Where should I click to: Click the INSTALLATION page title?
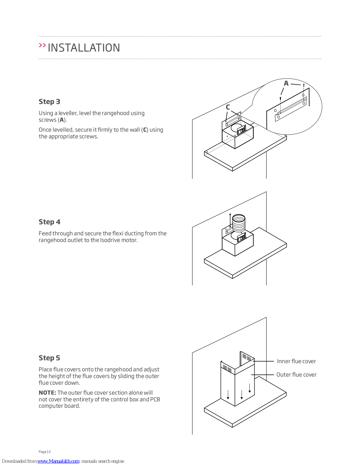(x=84, y=48)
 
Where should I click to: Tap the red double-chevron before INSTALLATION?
(x=42, y=45)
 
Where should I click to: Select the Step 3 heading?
(x=49, y=102)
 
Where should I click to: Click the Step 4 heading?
(x=49, y=222)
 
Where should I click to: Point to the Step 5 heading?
(x=49, y=358)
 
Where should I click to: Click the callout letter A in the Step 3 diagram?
(x=286, y=84)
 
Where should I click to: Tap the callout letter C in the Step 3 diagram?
(x=228, y=107)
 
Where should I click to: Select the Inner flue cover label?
(x=296, y=361)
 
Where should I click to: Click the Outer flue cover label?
(x=296, y=375)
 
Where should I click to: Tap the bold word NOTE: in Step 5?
(x=47, y=393)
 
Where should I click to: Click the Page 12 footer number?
(x=45, y=452)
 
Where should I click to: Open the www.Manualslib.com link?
(x=58, y=461)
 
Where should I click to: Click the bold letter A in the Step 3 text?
(x=62, y=120)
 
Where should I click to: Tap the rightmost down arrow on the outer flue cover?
(x=250, y=388)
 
